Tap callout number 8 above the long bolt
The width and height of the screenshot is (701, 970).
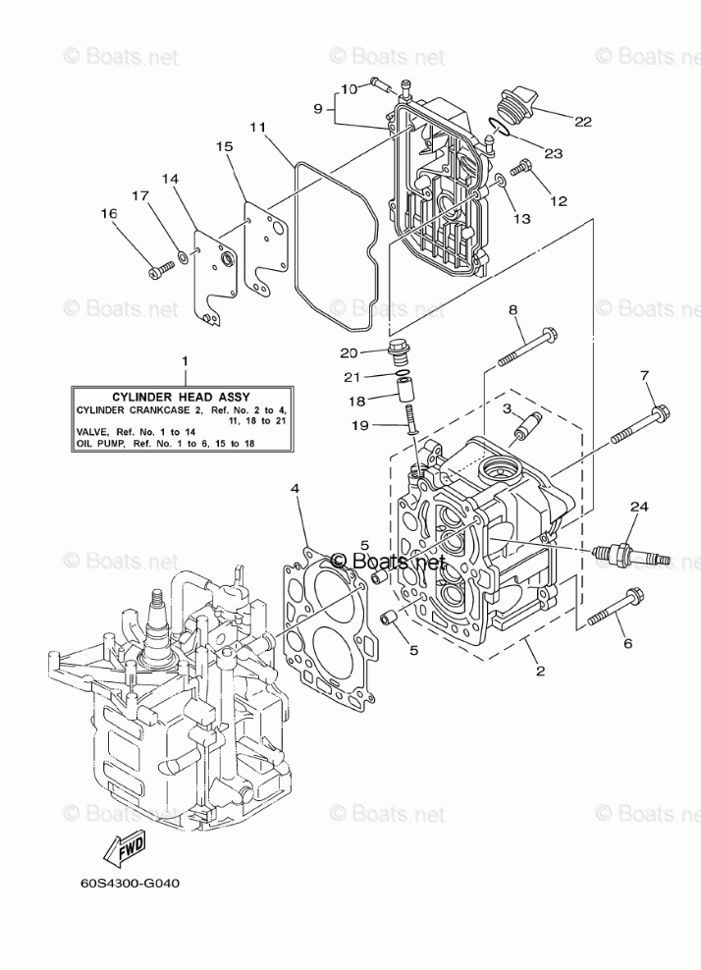(512, 311)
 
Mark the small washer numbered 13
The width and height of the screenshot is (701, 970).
(500, 180)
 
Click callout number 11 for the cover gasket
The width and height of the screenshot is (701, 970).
(256, 127)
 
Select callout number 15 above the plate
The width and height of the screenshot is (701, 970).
(224, 146)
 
